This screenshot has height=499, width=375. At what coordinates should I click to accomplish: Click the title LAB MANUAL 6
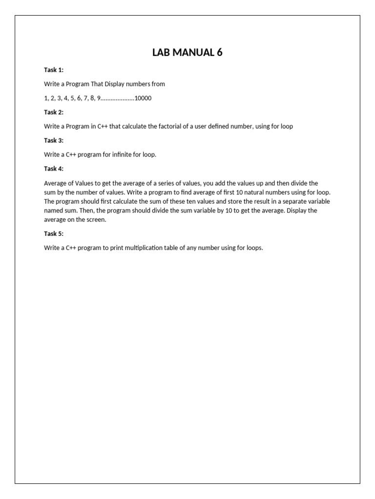pos(187,53)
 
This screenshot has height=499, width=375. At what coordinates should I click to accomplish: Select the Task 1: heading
pos(54,70)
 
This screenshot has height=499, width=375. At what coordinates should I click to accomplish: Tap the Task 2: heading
pos(54,112)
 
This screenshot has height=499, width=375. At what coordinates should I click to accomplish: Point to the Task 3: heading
pos(54,140)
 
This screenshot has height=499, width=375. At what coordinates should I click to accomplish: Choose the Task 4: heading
pos(54,169)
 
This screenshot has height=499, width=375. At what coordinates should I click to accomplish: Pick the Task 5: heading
pos(54,233)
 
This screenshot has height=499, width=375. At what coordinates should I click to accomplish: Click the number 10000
pos(143,98)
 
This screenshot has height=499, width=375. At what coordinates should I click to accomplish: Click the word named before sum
pos(54,211)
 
